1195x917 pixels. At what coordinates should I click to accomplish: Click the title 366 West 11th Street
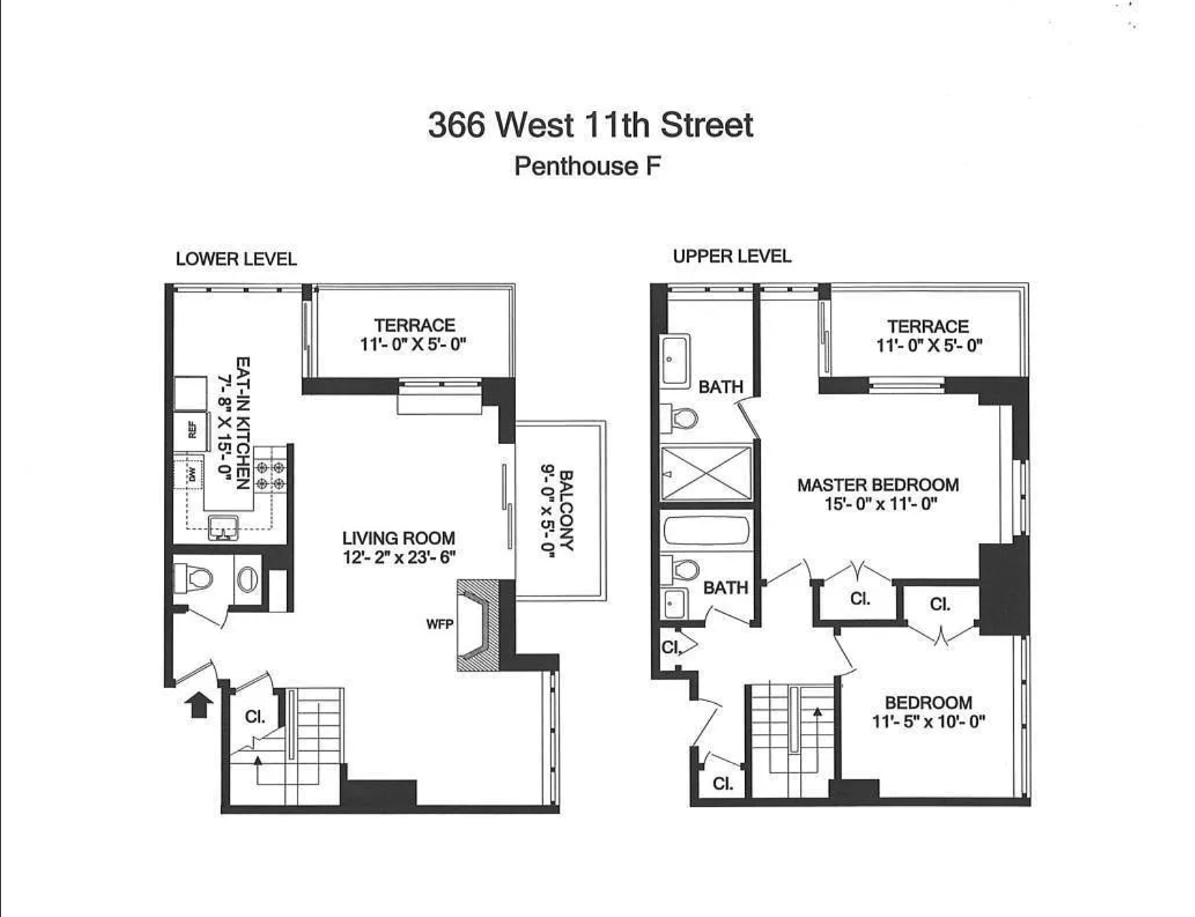(590, 125)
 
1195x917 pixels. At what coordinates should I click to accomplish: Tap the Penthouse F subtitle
(587, 166)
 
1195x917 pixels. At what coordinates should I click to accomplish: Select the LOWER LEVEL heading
(236, 259)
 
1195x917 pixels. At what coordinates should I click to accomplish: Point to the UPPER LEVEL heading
(732, 256)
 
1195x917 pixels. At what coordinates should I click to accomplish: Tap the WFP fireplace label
(439, 624)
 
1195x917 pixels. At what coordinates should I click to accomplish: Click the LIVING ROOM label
(398, 538)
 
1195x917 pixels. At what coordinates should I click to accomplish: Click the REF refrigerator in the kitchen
(191, 430)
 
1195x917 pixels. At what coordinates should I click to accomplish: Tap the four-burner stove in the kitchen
(270, 476)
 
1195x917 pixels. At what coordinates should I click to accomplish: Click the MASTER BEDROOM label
(878, 485)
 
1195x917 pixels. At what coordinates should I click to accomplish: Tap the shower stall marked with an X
(706, 473)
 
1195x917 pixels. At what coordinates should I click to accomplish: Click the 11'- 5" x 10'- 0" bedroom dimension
(928, 721)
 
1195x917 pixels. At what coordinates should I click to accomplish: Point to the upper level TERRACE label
(928, 327)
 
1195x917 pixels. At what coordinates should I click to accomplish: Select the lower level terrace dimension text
(413, 344)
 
